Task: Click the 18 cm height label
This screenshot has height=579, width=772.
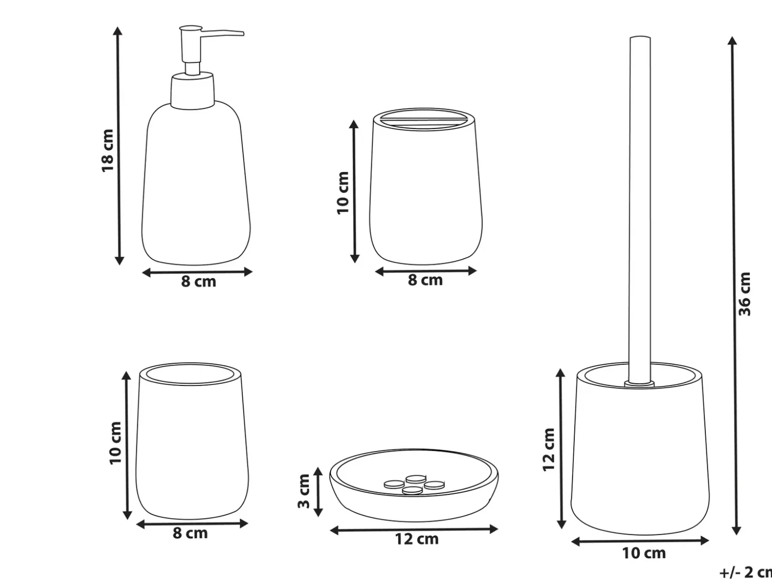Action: pyautogui.click(x=108, y=151)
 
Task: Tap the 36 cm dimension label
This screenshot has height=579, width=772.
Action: pyautogui.click(x=745, y=294)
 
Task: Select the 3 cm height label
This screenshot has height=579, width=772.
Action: pyautogui.click(x=304, y=491)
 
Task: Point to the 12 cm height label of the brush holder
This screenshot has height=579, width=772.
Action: pyautogui.click(x=549, y=449)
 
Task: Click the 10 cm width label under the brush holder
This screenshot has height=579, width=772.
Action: pyautogui.click(x=644, y=553)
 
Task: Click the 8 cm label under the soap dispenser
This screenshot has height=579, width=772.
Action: pyautogui.click(x=198, y=282)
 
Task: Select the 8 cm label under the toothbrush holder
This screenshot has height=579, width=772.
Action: pyautogui.click(x=425, y=280)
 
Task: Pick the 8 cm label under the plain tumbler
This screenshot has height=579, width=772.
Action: pyautogui.click(x=190, y=534)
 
